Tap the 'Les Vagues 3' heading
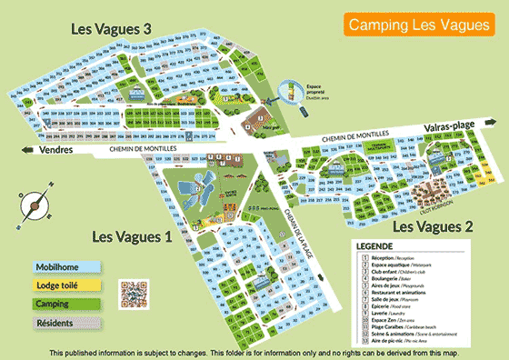pos(111,29)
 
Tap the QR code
pos(134,294)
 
